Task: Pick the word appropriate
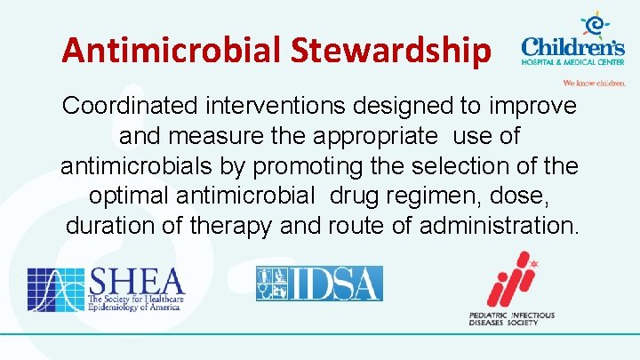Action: coord(383,137)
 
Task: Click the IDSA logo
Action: coord(319,284)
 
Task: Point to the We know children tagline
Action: coord(595,83)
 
